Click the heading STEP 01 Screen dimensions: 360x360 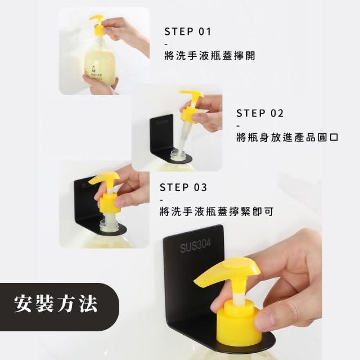point(187,31)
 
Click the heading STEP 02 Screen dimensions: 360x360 point(260,113)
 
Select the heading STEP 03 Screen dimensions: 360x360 point(183,187)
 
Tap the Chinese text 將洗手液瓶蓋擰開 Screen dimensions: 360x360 point(210,56)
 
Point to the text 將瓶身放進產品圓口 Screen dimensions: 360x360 point(287,137)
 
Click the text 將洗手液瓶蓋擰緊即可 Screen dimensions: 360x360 point(217,211)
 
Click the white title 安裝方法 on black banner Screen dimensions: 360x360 point(56,304)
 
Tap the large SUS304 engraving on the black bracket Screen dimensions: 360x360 point(195,246)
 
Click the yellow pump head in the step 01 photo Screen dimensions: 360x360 point(97,24)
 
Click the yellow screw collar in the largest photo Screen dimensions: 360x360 point(238,321)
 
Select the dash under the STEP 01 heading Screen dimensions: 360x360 point(166,44)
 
